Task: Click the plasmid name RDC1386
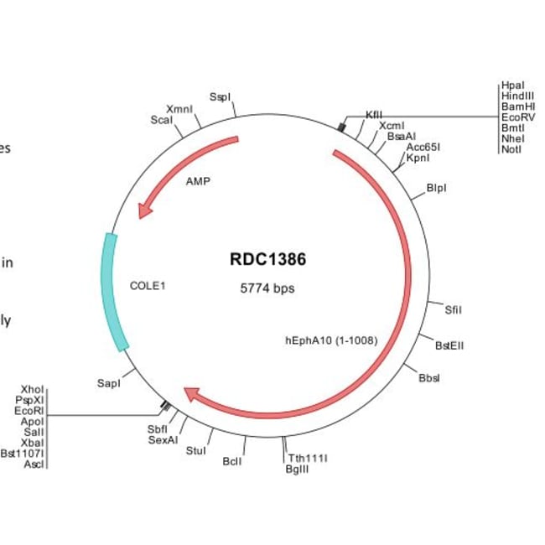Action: point(267,259)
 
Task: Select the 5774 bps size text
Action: point(267,288)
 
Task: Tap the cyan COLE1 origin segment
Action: point(114,291)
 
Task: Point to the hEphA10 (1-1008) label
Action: point(331,340)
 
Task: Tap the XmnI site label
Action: point(179,109)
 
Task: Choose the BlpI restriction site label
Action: point(436,188)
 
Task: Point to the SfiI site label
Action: point(453,309)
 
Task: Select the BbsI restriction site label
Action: point(428,377)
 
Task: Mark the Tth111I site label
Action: point(308,458)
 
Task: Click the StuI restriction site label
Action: point(195,451)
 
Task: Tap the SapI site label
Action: point(109,383)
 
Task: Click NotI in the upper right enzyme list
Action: point(511,149)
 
